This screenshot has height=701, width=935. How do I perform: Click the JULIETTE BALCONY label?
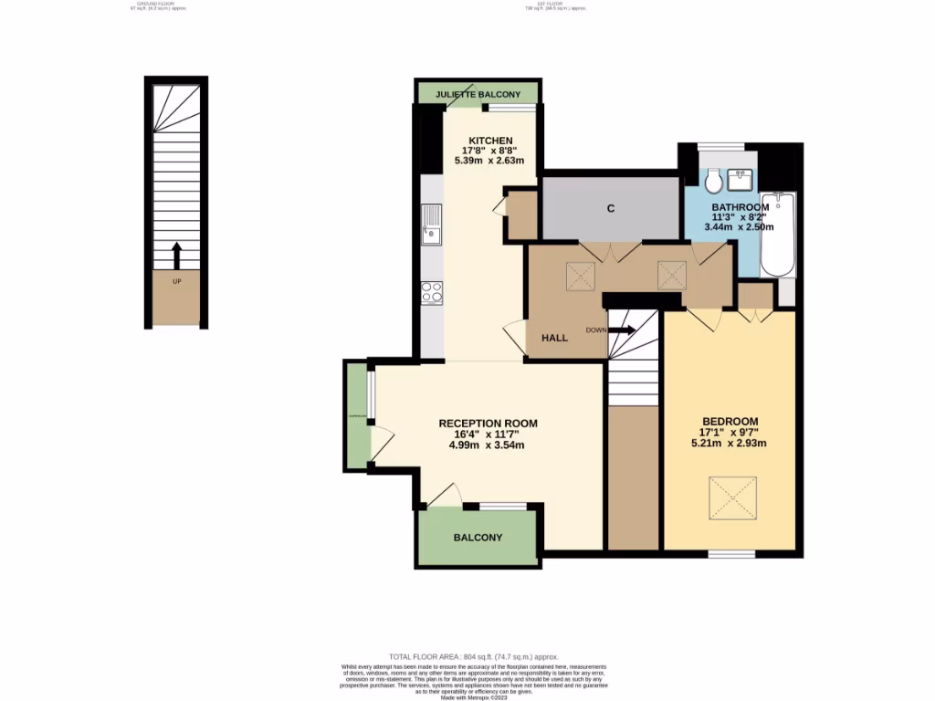coord(478,94)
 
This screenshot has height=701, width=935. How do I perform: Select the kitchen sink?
coord(430,225)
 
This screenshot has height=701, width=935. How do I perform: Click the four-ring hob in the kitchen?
coord(431,292)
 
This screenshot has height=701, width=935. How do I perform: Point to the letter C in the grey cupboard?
coord(610,209)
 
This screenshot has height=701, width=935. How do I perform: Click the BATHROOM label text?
coord(741,207)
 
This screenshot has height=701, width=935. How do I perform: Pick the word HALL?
coord(554,338)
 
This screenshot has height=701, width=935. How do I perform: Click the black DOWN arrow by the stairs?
coord(625,330)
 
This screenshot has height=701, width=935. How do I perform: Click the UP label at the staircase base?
coord(177,280)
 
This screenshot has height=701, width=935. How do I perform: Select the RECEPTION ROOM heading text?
coord(488,424)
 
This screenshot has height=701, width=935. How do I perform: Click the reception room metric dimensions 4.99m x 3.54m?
coord(488,445)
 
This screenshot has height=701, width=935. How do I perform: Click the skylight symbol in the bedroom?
coord(733,499)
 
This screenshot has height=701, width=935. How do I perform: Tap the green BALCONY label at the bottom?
coord(478,538)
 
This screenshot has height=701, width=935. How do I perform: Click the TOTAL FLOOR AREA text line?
coord(473,657)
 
